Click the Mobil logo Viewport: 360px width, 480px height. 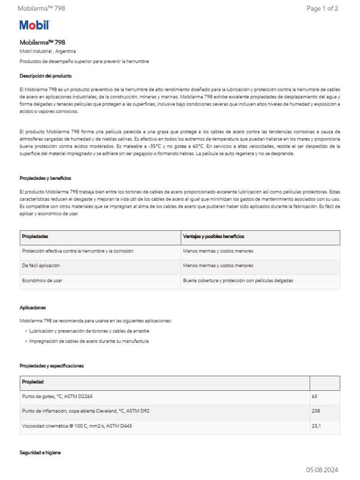(34, 25)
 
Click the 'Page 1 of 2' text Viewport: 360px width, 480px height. (322, 8)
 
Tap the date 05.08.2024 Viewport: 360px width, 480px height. (322, 470)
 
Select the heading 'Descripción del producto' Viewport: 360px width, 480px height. (45, 75)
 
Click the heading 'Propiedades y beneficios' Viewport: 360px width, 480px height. (45, 178)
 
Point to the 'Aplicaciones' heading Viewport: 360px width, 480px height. (33, 307)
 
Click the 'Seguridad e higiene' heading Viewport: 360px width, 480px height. (40, 453)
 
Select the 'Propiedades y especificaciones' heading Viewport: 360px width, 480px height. (52, 366)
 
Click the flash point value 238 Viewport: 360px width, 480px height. (316, 411)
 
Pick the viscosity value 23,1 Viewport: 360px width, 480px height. (316, 426)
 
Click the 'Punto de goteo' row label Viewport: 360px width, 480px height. (57, 397)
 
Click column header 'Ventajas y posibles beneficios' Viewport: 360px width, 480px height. (213, 237)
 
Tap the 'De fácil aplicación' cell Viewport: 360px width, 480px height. (41, 266)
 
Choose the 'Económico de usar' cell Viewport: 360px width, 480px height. (42, 280)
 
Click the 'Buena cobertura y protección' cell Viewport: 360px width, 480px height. (238, 280)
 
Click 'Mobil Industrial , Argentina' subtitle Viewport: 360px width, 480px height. (47, 51)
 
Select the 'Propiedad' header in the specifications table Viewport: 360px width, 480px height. (33, 382)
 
